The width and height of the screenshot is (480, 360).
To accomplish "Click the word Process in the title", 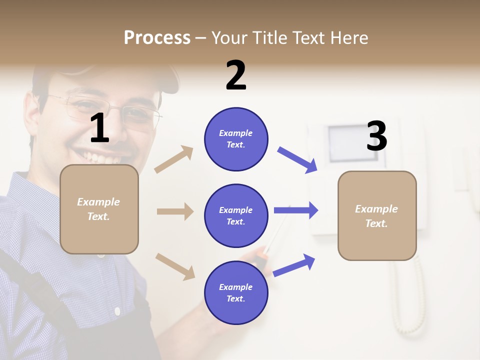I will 157,37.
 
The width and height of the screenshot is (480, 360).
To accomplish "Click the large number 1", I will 99,128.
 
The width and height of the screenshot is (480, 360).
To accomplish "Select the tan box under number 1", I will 99,209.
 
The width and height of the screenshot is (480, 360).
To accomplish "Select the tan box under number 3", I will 377,215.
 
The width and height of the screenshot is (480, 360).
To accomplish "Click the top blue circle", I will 236,139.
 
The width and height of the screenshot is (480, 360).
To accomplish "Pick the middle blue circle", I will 236,215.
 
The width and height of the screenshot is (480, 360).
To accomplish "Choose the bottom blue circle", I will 236,292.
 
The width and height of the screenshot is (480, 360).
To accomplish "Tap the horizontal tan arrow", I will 175,211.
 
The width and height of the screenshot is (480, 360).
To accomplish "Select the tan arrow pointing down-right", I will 175,266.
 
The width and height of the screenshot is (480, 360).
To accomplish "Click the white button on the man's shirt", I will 117,311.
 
